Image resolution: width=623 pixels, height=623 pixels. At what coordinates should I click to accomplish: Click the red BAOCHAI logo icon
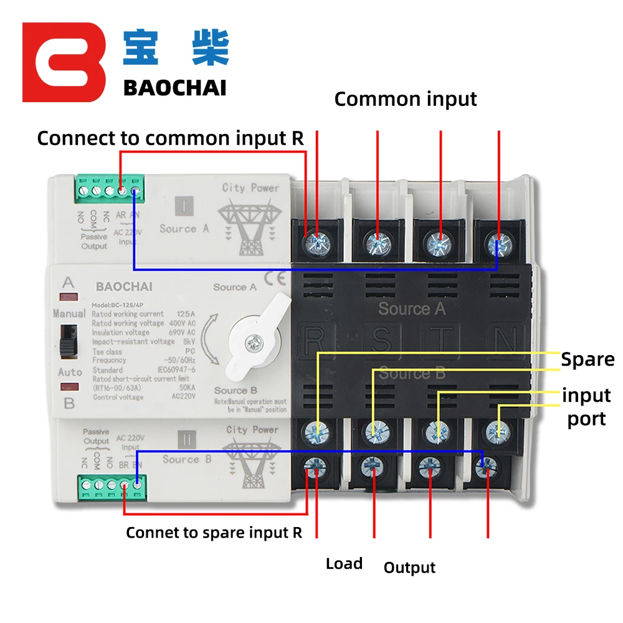[64, 62]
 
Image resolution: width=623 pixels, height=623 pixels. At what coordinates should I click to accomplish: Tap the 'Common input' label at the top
[406, 99]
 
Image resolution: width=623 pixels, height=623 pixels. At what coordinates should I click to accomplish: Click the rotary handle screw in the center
[254, 341]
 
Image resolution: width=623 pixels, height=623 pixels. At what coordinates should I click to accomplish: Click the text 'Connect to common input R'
[170, 138]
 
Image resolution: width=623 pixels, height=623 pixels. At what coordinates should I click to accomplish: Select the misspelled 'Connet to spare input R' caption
[214, 533]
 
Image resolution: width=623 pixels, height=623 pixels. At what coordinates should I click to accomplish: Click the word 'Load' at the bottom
[344, 564]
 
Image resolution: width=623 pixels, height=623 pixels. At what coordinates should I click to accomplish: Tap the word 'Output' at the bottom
[409, 568]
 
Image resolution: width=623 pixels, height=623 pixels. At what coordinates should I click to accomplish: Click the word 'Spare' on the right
[587, 359]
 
